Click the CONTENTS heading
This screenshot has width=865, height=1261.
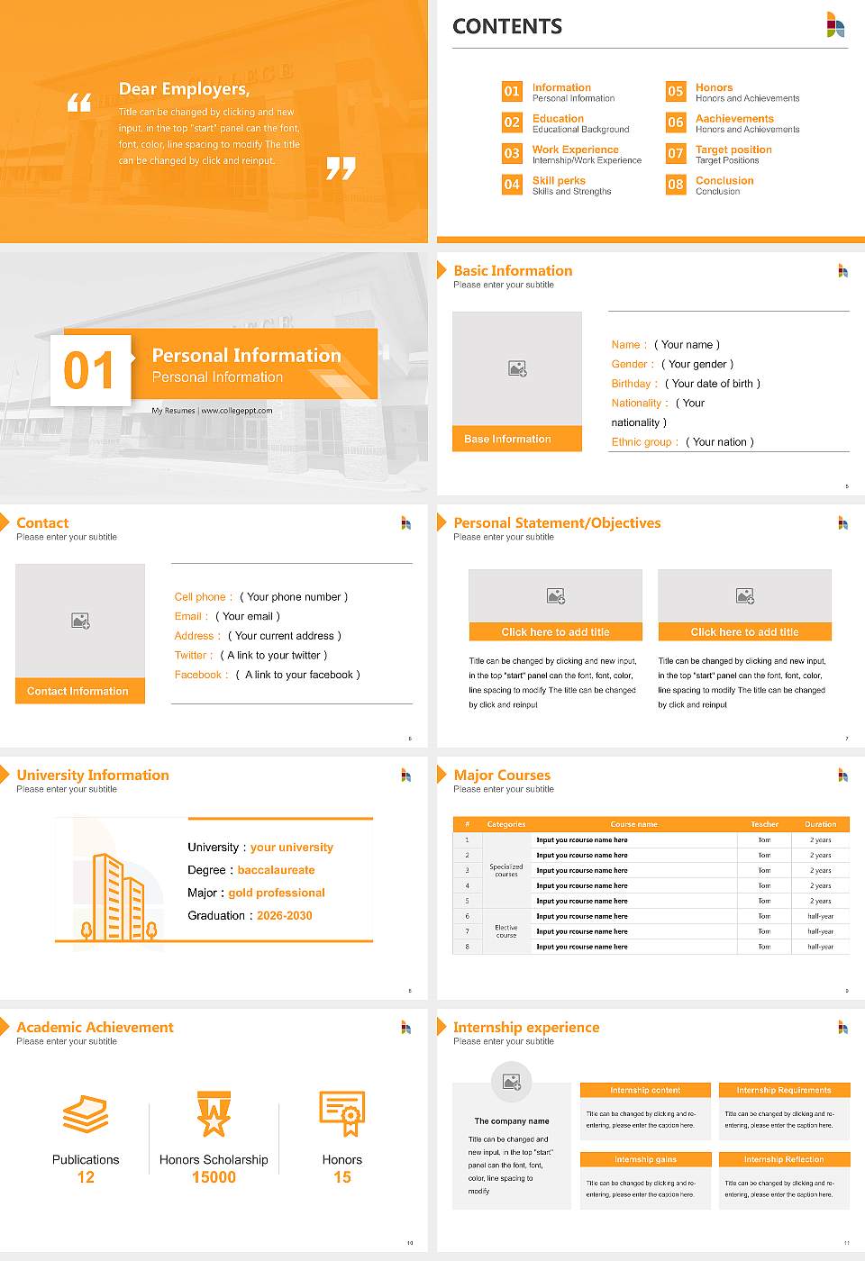pyautogui.click(x=507, y=27)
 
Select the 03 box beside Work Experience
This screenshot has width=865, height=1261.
pyautogui.click(x=512, y=153)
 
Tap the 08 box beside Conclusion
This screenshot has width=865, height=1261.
pyautogui.click(x=675, y=185)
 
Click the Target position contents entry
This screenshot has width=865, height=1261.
pyautogui.click(x=733, y=150)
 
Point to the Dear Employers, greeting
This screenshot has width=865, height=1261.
pyautogui.click(x=184, y=88)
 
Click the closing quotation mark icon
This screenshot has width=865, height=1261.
pyautogui.click(x=341, y=168)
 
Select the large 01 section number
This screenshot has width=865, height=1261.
pyautogui.click(x=90, y=370)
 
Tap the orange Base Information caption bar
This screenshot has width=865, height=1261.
pyautogui.click(x=516, y=439)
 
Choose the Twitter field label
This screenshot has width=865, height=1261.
pyautogui.click(x=194, y=656)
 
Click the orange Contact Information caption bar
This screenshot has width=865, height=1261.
pyautogui.click(x=79, y=691)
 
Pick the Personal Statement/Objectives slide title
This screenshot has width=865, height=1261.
pyautogui.click(x=557, y=523)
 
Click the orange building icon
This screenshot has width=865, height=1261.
pyautogui.click(x=118, y=896)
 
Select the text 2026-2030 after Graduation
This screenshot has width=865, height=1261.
pyautogui.click(x=284, y=915)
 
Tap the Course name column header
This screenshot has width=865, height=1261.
pyautogui.click(x=633, y=824)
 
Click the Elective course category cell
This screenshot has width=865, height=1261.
pyautogui.click(x=505, y=931)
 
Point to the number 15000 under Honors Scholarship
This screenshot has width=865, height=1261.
pyautogui.click(x=214, y=1177)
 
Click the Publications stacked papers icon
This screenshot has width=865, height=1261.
pyautogui.click(x=86, y=1114)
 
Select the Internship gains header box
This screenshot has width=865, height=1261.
pyautogui.click(x=645, y=1159)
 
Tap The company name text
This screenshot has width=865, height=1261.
pyautogui.click(x=511, y=1121)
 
